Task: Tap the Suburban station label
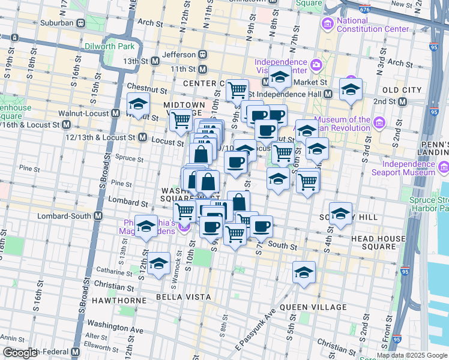click(x=58, y=23)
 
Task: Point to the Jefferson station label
click(x=178, y=55)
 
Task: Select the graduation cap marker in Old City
click(x=351, y=90)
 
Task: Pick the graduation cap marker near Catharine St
click(x=158, y=264)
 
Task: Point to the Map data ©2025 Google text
click(x=412, y=355)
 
